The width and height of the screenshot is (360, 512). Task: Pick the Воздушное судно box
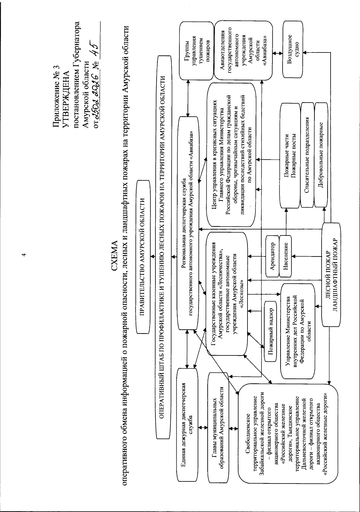[x=294, y=48]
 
